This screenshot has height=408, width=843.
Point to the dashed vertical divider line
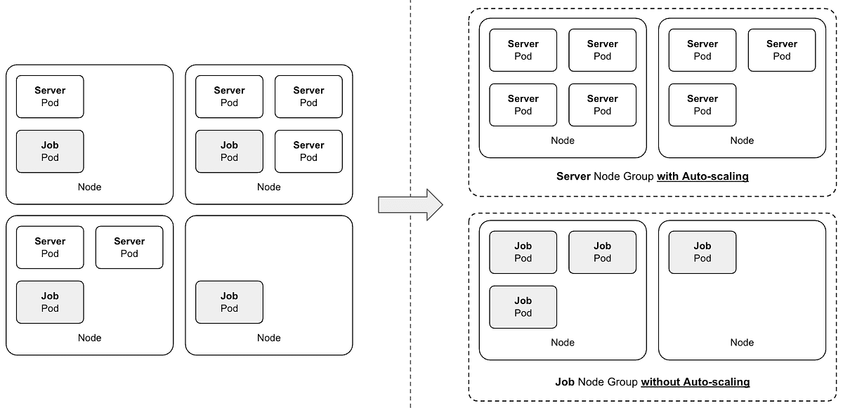(x=411, y=105)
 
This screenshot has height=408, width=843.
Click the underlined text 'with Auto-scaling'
(x=702, y=176)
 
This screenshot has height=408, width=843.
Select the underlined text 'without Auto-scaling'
(x=695, y=382)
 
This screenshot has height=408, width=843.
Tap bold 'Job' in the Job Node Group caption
(x=565, y=382)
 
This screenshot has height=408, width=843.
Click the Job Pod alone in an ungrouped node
(x=229, y=302)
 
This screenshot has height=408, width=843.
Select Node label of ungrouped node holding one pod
(x=268, y=338)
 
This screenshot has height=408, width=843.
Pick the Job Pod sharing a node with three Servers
(x=229, y=151)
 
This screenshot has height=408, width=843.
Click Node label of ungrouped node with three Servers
(x=268, y=187)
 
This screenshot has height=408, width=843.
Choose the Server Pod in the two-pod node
(x=50, y=96)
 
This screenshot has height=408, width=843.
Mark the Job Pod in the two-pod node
(x=50, y=151)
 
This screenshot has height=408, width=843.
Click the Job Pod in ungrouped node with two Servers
(x=50, y=302)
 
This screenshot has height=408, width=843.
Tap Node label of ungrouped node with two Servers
(x=89, y=338)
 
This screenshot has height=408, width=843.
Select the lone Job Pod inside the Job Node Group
(x=702, y=252)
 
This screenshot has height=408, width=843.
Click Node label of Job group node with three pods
(x=562, y=343)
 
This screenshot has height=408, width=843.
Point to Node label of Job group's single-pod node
(x=742, y=343)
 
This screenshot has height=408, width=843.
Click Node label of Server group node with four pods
(x=562, y=140)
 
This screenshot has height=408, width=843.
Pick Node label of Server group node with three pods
(x=742, y=140)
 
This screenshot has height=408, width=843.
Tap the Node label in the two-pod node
(x=89, y=187)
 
